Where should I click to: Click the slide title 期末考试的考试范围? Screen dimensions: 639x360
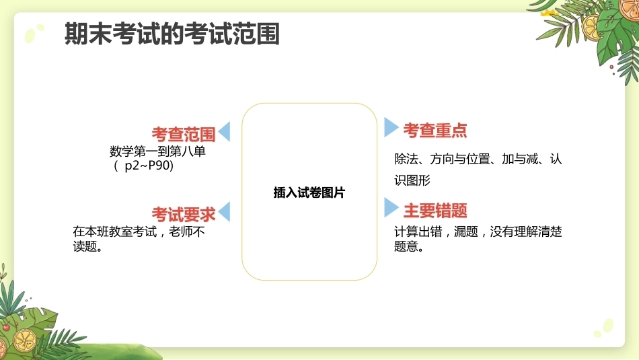(x=172, y=33)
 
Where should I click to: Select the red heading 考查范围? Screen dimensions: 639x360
(x=184, y=134)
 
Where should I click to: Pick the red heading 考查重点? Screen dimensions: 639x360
(x=435, y=131)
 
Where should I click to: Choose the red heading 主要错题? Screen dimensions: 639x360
(x=435, y=211)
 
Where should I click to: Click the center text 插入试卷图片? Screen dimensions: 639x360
(x=309, y=192)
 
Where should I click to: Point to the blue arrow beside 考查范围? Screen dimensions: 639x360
(x=224, y=131)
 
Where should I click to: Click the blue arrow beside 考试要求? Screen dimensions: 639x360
(x=224, y=211)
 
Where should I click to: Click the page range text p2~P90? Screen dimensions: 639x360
(x=149, y=166)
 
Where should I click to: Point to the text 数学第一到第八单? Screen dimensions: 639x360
(x=157, y=151)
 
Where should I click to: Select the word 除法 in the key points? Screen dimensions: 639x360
(x=406, y=159)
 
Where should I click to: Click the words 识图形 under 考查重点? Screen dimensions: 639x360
(x=412, y=180)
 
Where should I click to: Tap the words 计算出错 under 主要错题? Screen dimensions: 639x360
(x=418, y=231)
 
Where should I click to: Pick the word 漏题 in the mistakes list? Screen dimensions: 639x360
(x=466, y=231)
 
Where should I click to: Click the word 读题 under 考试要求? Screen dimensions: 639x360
(x=85, y=246)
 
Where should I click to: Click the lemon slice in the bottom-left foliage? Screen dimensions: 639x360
(x=24, y=340)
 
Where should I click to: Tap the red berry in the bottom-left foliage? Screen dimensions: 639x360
(x=6, y=327)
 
